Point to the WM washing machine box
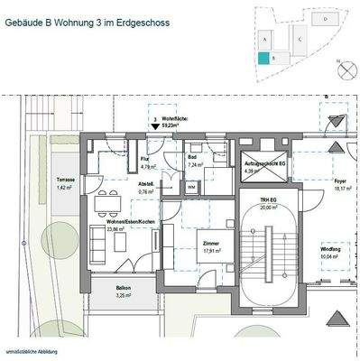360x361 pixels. [x=192, y=188]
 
